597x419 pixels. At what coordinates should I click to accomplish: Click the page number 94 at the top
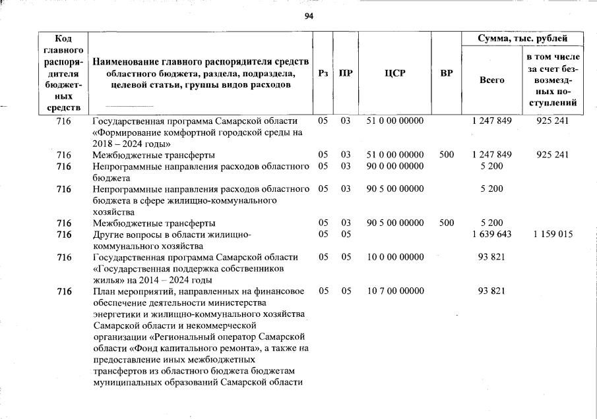(x=308, y=16)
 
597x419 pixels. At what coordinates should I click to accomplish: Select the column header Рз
(x=323, y=73)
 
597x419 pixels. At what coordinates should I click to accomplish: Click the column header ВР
(x=446, y=73)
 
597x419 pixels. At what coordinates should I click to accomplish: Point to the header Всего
(x=491, y=79)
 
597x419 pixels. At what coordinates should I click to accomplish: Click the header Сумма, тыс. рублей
(x=522, y=39)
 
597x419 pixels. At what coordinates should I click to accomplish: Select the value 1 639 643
(x=491, y=234)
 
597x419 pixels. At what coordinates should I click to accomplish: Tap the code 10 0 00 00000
(x=394, y=257)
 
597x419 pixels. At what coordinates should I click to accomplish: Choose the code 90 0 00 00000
(x=394, y=166)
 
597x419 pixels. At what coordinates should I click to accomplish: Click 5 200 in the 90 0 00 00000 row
(x=491, y=166)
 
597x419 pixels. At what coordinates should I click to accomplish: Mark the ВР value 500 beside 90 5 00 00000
(x=446, y=223)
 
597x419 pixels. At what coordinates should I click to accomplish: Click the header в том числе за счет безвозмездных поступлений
(x=552, y=80)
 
